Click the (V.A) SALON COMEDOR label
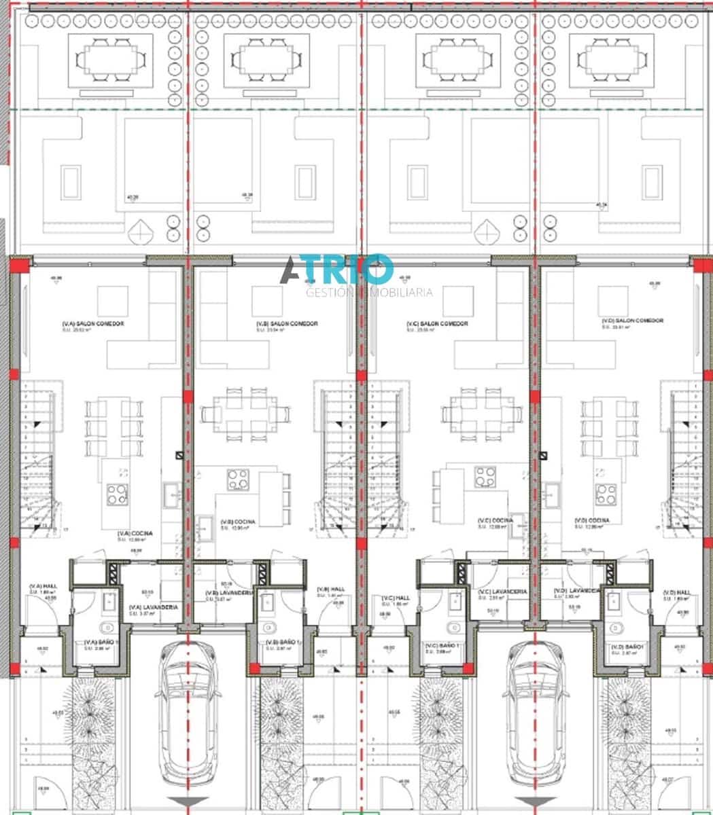[x=93, y=324]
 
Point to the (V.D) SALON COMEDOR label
[x=632, y=321]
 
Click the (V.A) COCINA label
[x=135, y=534]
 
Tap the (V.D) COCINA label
[x=591, y=520]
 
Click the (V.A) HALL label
[x=41, y=586]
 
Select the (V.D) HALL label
[x=676, y=592]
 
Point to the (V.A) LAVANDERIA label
[x=154, y=606]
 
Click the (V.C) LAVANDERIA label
[x=503, y=592]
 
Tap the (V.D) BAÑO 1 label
[x=627, y=647]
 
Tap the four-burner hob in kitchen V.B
[x=238, y=479]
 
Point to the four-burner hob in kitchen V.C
[x=485, y=477]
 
